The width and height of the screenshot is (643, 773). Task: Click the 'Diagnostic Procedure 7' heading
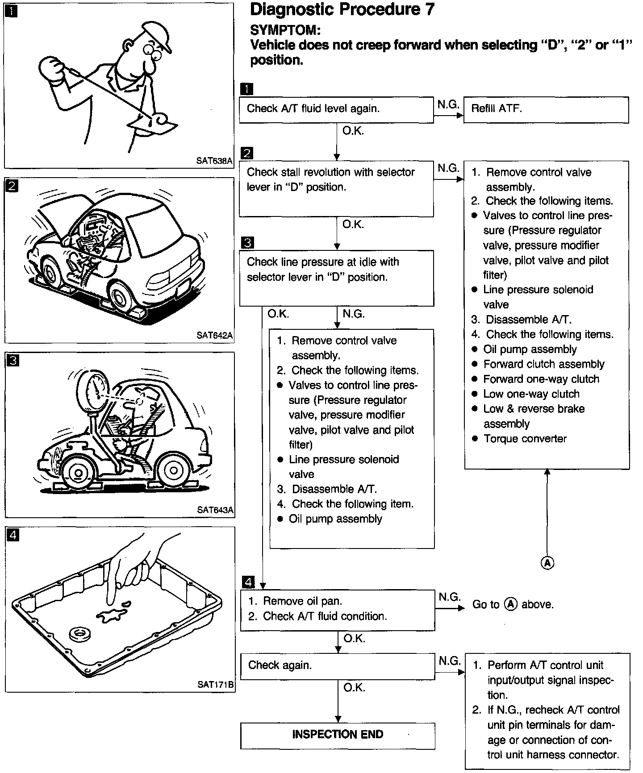tap(342, 10)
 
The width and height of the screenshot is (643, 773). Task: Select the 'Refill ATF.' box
tap(546, 109)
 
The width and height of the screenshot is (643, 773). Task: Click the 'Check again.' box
tap(337, 666)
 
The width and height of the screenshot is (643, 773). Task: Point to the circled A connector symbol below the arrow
tap(547, 563)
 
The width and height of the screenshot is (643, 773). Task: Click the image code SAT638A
tap(214, 161)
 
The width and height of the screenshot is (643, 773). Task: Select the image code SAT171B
tap(216, 685)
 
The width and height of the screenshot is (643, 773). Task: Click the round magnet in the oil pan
tap(80, 633)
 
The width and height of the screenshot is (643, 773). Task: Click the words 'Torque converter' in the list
tap(525, 439)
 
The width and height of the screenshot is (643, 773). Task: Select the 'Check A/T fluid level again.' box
tap(336, 109)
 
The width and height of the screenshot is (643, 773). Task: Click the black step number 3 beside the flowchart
tap(247, 243)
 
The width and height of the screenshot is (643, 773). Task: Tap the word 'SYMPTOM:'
tap(285, 30)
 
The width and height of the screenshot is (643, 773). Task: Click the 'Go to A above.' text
tap(513, 605)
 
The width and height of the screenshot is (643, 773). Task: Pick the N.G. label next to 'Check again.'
tap(449, 661)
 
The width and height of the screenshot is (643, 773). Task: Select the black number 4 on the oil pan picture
tap(13, 535)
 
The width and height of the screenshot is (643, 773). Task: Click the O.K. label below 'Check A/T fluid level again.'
tap(353, 132)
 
